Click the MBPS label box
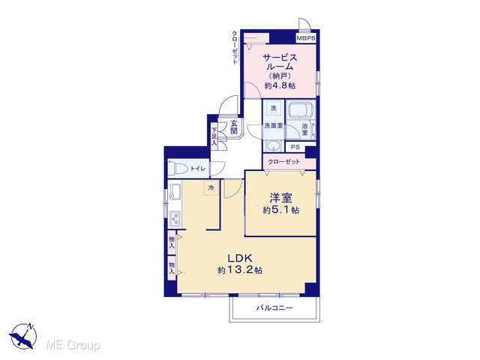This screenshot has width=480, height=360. [306, 38]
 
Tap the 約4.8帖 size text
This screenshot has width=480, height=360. [280, 85]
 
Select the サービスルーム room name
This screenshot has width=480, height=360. [280, 62]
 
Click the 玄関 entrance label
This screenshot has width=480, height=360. [234, 127]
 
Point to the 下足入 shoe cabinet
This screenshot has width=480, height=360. [214, 136]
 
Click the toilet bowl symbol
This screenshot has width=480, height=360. [178, 169]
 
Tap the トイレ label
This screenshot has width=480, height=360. [198, 169]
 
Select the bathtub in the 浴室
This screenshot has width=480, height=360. [301, 110]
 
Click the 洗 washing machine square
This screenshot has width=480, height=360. [274, 108]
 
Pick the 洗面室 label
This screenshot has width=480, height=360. [273, 126]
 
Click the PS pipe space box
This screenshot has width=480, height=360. [295, 147]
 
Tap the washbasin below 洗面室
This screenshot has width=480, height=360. [273, 146]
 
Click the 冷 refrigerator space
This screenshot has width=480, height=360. [211, 187]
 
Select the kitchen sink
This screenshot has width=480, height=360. [175, 192]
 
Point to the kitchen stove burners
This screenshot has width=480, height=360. [175, 218]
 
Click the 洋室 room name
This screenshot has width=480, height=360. [280, 198]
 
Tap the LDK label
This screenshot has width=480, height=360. [239, 258]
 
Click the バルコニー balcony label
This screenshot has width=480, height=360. [274, 307]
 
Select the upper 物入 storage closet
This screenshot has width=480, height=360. [172, 242]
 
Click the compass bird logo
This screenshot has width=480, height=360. [23, 336]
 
